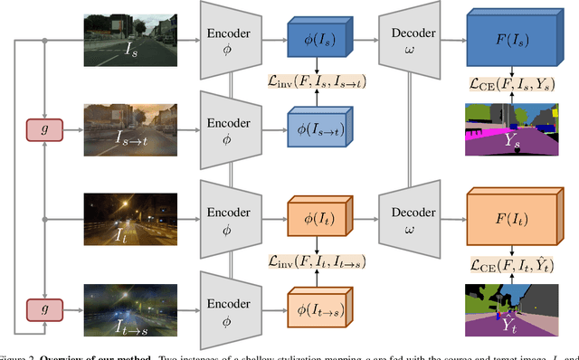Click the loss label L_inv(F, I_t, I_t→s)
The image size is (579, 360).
pos(317,261)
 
